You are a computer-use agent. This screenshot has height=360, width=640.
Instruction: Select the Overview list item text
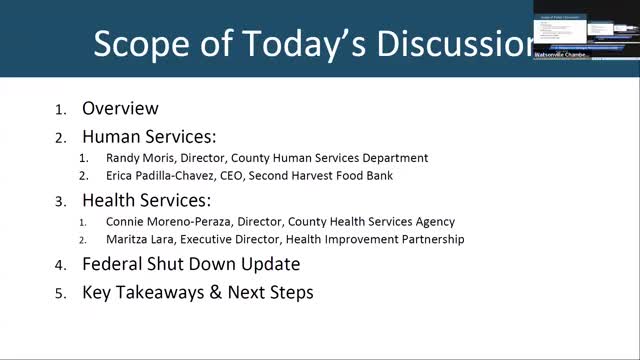click(x=120, y=109)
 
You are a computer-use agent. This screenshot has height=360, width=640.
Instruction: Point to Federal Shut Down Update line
click(x=191, y=265)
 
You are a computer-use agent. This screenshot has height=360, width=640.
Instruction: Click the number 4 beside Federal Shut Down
click(x=60, y=266)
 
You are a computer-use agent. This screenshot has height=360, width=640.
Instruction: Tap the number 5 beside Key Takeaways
click(x=60, y=294)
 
